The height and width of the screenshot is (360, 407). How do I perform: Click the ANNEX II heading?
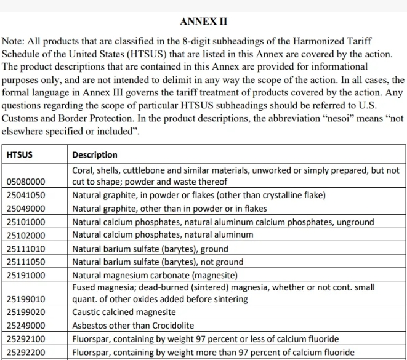pyautogui.click(x=204, y=22)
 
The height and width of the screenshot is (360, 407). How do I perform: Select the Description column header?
pyautogui.click(x=95, y=154)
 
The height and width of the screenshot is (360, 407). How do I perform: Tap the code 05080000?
pyautogui.click(x=26, y=182)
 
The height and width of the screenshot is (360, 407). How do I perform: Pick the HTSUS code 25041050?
pyautogui.click(x=26, y=195)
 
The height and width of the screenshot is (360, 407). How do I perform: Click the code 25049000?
pyautogui.click(x=26, y=209)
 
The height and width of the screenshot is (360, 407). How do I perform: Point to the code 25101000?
pyautogui.click(x=26, y=222)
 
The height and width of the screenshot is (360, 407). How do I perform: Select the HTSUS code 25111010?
pyautogui.click(x=26, y=249)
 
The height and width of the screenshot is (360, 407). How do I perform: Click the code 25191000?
pyautogui.click(x=26, y=275)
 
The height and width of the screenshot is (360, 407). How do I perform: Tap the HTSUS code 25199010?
pyautogui.click(x=26, y=299)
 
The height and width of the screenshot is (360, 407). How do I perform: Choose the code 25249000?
pyautogui.click(x=26, y=326)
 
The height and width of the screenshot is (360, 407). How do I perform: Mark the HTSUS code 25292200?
pyautogui.click(x=26, y=353)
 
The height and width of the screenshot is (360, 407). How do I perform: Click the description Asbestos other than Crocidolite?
pyautogui.click(x=133, y=326)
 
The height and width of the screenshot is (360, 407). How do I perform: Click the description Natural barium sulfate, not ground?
pyautogui.click(x=158, y=262)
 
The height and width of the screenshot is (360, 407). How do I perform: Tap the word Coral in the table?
pyautogui.click(x=83, y=170)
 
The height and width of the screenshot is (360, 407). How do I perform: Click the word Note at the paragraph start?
pyautogui.click(x=14, y=41)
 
